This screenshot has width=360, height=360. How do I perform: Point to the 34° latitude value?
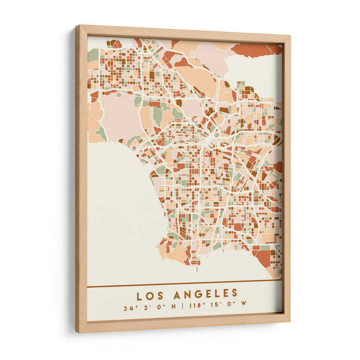pos(130,309)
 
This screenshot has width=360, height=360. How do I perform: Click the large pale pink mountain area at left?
pos(118,115)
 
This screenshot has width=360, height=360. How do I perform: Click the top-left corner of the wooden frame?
pos(77,27)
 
